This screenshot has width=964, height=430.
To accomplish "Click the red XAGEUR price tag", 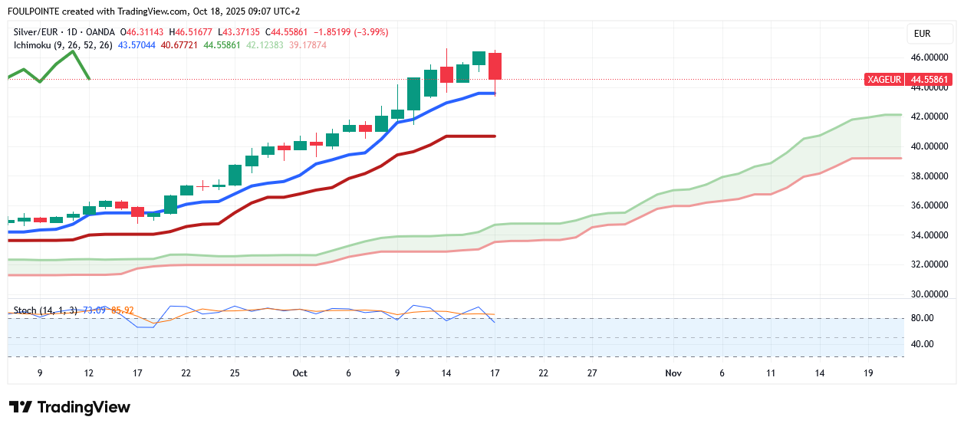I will pos(884,79).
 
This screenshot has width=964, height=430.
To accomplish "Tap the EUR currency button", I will pos(922,34).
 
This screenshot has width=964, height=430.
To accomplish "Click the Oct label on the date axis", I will pos(300,373).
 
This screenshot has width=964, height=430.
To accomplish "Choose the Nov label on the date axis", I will pos(673,373).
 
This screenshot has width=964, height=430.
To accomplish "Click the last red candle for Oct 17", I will pos(495,66).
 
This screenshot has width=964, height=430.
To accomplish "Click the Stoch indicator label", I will pos(25,310).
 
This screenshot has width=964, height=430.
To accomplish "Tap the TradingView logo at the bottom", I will pos(70,407).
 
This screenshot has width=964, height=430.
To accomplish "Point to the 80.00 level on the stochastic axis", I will pos(921,318).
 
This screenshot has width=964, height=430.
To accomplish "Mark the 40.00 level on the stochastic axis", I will pos(921,344).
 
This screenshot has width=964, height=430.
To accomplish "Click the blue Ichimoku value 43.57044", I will pos(137,45).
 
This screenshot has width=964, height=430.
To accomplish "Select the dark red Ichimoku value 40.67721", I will pos(181,45).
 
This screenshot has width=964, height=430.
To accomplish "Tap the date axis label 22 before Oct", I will pos(186,373).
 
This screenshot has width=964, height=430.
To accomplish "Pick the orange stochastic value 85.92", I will pos(123,310).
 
